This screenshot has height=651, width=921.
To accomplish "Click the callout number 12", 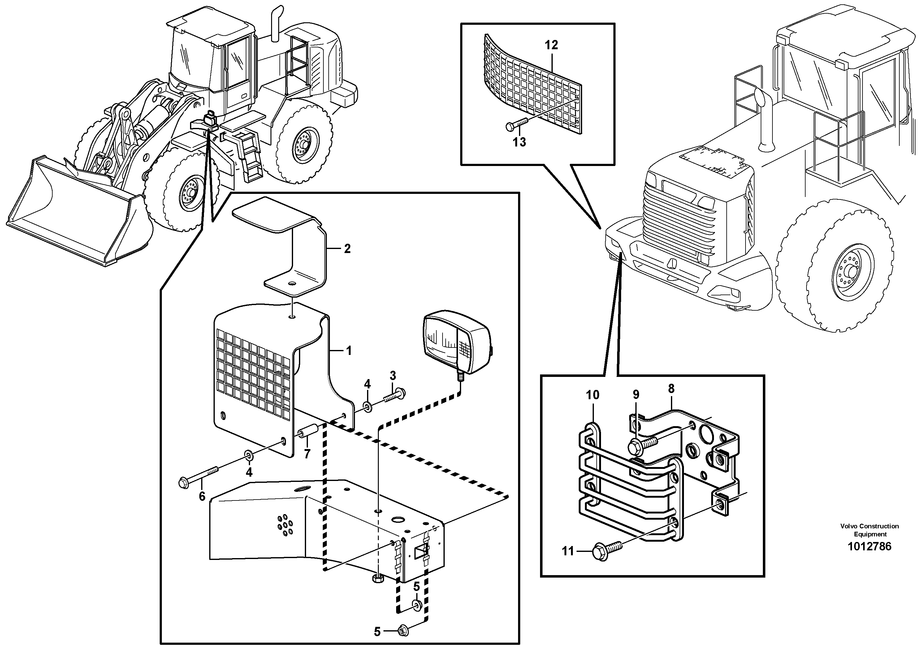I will (551, 45).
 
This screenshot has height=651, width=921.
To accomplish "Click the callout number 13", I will (519, 142).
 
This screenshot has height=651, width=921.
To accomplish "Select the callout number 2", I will (347, 249).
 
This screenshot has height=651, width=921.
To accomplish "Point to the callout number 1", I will (348, 351).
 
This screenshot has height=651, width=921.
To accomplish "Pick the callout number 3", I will (393, 376).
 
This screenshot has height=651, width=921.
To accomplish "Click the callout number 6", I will (202, 496).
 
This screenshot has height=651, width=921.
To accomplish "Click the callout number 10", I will (592, 395).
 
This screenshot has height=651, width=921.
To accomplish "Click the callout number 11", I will (568, 552).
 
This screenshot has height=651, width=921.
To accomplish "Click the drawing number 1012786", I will (870, 547).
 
